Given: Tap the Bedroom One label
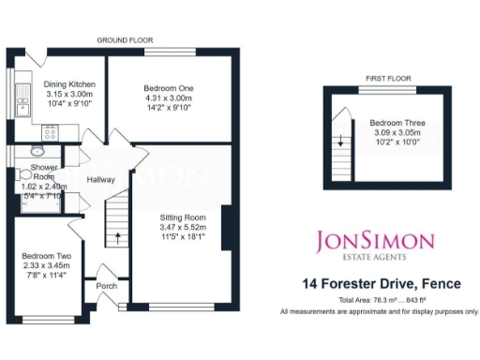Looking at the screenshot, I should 168,87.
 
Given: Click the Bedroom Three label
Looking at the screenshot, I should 391,123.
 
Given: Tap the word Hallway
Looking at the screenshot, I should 99,179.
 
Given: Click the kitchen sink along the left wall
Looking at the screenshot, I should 21,93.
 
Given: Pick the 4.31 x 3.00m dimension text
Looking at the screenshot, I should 168,97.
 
